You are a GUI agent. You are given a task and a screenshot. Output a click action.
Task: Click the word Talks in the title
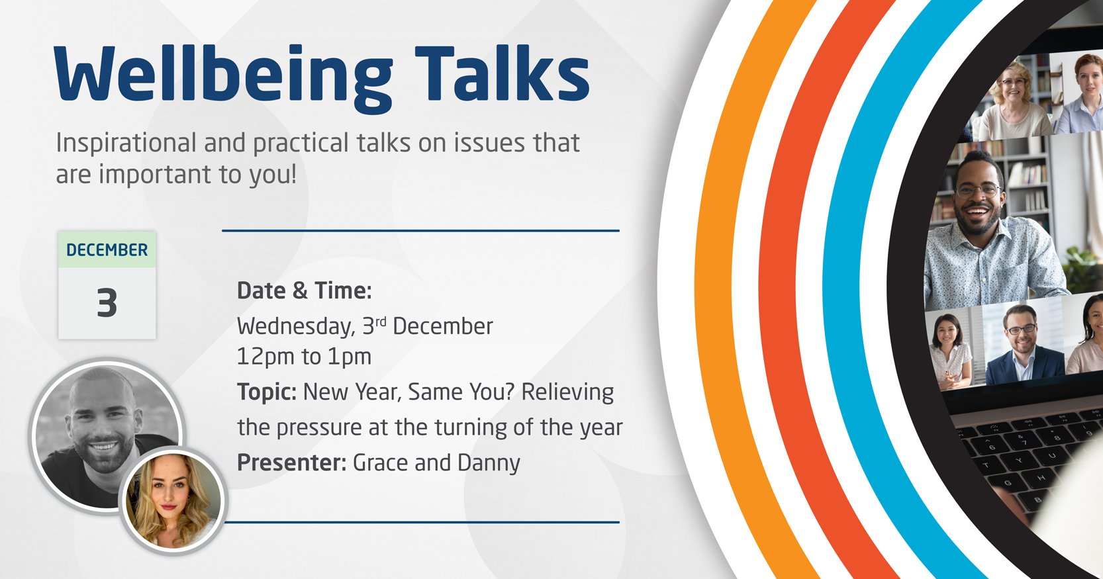(x=503, y=73)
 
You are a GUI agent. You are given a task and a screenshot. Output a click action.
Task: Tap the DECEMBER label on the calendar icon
(x=107, y=250)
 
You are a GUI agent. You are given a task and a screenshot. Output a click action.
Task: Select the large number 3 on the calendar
(x=107, y=303)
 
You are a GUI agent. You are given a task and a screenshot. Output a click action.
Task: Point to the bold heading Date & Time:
(x=305, y=290)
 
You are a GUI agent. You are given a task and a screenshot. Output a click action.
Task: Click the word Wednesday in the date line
(x=296, y=327)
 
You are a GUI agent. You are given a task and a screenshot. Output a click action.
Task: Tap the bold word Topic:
(x=267, y=392)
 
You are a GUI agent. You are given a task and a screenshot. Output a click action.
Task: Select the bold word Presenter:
(x=292, y=463)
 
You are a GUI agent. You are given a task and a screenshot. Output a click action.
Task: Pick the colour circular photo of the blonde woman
(x=173, y=501)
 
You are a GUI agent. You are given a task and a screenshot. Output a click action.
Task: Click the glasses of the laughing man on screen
(x=978, y=191)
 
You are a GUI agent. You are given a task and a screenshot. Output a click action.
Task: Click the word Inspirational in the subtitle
(x=126, y=144)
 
